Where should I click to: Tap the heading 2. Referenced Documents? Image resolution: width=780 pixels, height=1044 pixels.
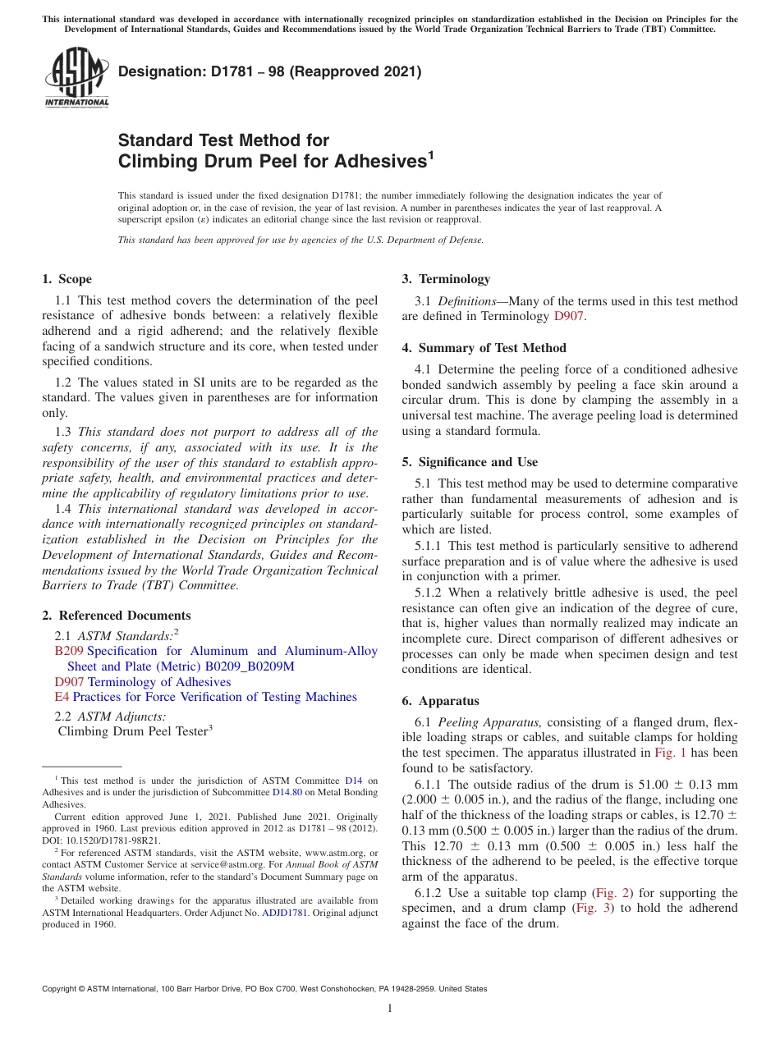click(x=116, y=616)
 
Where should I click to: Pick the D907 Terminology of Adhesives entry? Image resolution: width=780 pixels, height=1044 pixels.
click(x=142, y=682)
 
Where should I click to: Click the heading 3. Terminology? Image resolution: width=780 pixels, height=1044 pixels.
click(x=446, y=279)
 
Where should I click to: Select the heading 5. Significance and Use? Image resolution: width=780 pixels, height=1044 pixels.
click(x=470, y=462)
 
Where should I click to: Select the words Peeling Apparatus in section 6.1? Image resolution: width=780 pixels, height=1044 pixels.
click(x=489, y=722)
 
